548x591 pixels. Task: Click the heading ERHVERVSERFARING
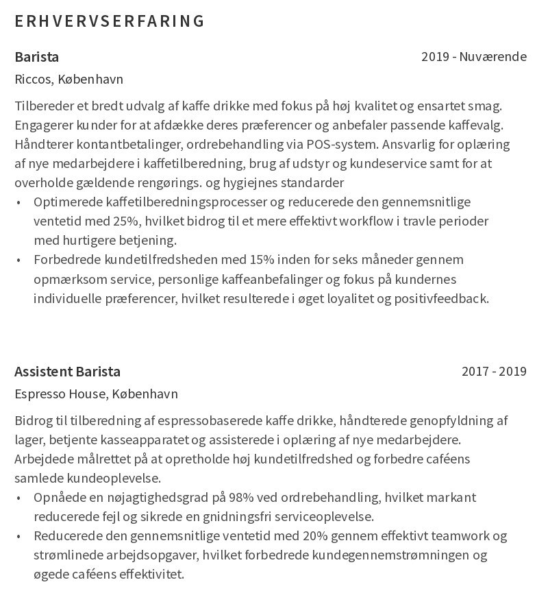110,21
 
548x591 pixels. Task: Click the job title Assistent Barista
67,372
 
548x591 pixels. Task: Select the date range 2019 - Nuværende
473,57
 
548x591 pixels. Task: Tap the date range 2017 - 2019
493,372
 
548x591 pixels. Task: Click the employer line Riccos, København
68,80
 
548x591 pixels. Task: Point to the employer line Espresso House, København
96,394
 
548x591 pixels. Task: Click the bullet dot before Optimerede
18,202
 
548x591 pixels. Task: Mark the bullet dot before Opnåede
18,498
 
